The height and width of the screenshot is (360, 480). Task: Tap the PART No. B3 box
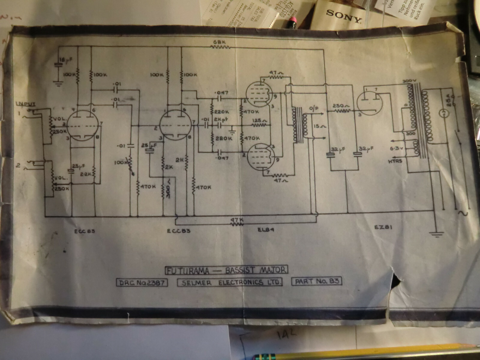point(317,281)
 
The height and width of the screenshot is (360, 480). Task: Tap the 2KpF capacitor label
point(221,119)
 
